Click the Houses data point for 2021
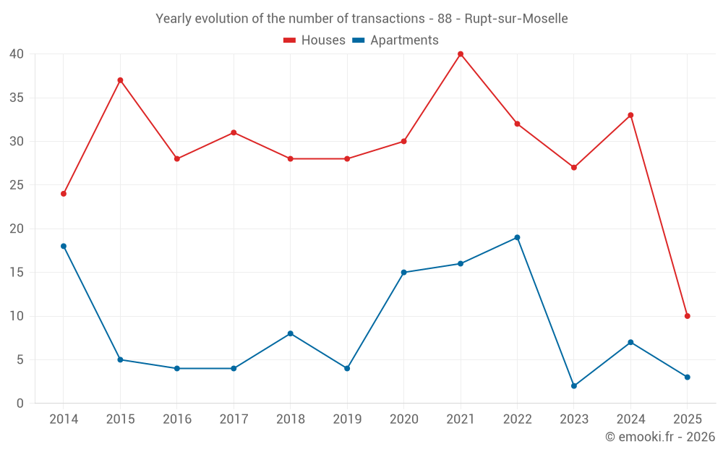[x=461, y=54]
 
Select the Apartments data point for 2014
[x=64, y=246]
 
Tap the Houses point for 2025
[x=687, y=316]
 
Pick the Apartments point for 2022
[x=517, y=237]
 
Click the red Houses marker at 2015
[x=120, y=80]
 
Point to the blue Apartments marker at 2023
[x=574, y=385]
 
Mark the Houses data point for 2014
[x=64, y=194]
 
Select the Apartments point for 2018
[x=290, y=333]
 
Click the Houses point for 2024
[x=630, y=115]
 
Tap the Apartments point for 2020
[x=403, y=273]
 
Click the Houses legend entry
[x=315, y=40]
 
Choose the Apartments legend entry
[x=395, y=40]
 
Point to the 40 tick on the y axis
[x=17, y=54]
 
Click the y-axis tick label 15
[x=17, y=273]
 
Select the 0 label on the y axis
[x=20, y=404]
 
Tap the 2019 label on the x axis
[x=347, y=419]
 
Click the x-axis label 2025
[x=687, y=419]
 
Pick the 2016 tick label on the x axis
[x=176, y=419]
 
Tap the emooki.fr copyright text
[x=659, y=437]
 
